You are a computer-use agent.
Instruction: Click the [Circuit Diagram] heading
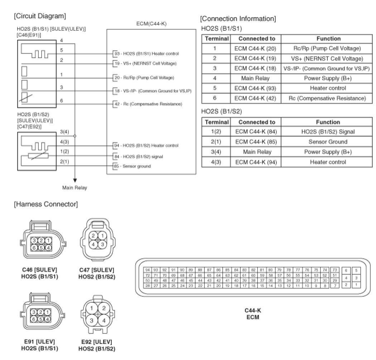(40, 16)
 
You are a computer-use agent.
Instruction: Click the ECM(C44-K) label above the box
(151, 24)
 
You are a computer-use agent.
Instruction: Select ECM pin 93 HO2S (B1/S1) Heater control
(147, 54)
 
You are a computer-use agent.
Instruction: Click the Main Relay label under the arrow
(74, 187)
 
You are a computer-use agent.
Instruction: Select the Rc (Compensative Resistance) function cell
(328, 98)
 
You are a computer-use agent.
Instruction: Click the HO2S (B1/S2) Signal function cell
(328, 132)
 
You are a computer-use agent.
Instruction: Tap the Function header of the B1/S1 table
(328, 38)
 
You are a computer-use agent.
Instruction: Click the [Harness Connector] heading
(46, 204)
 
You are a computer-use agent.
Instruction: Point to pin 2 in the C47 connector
(93, 235)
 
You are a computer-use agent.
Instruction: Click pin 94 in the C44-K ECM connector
(147, 269)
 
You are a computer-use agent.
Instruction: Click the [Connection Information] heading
(238, 19)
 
